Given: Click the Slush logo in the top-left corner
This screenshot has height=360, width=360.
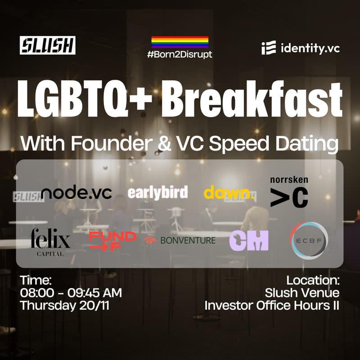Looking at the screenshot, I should coord(48,45).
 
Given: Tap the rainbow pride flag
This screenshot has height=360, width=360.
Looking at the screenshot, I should coord(180,42).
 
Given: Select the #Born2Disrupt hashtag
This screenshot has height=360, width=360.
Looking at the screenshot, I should coord(180,54).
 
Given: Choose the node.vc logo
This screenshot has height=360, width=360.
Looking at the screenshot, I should coord(76,193).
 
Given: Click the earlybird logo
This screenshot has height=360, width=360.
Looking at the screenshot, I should coord(157,193).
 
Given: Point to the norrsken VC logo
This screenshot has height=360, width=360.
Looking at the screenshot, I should coord(289,192).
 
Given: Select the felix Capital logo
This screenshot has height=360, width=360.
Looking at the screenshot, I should coord(50,242).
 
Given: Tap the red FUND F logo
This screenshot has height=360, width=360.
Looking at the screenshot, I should coord(112,241).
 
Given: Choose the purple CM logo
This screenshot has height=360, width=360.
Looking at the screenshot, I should coord(249,240).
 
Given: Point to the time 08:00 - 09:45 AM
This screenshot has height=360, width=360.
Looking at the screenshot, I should coord(71,293).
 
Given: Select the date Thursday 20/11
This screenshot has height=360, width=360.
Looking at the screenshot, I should coord(65,305).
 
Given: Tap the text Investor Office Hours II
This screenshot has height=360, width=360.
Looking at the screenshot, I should coord(271,306).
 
